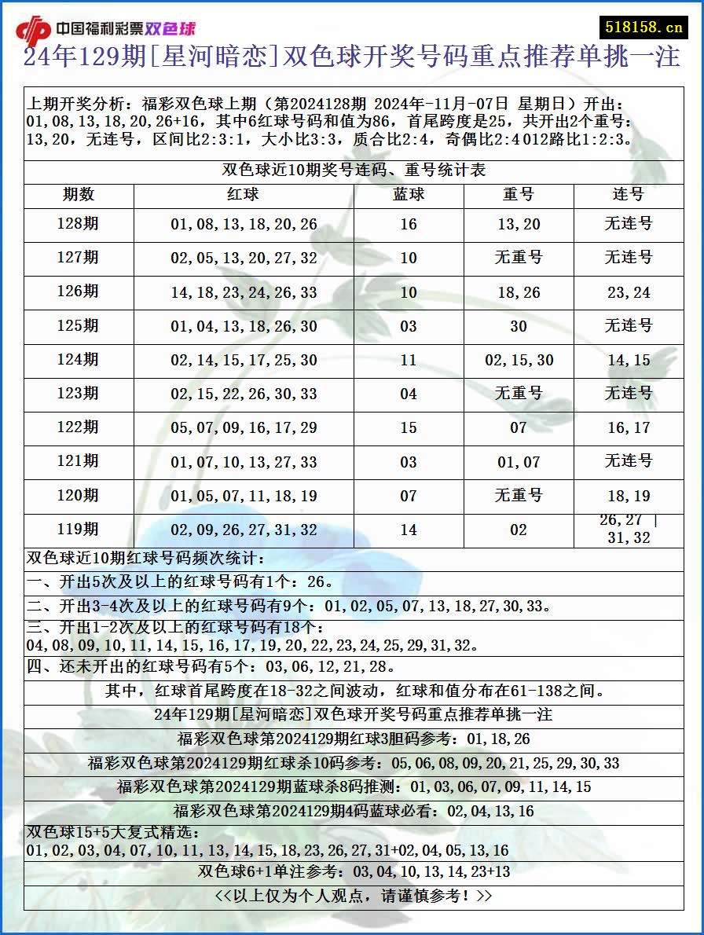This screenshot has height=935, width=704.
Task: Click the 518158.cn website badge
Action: pos(643,27)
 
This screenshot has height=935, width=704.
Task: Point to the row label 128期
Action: pos(79,224)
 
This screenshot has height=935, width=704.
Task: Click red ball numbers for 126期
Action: pos(244,292)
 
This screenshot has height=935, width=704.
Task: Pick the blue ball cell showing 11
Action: pos(409,360)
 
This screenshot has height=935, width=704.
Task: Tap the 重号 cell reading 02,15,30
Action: pos(519,360)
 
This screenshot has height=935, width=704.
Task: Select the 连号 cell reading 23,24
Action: pos(629,292)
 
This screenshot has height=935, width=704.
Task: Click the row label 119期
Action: pos(79,530)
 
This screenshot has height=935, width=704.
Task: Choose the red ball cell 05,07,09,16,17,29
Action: pos(244,427)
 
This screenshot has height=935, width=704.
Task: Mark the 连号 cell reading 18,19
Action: pos(629,496)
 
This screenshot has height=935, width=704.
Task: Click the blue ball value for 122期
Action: pos(409,427)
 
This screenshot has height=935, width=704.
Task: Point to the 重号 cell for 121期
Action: pos(519,462)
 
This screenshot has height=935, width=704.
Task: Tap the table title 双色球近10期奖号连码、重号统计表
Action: pos(354,170)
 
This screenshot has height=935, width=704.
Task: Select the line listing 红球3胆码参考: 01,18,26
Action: pos(354,739)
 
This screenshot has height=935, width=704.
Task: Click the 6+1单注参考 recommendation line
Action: pos(354,871)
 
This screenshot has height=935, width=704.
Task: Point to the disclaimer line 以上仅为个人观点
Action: pos(354,896)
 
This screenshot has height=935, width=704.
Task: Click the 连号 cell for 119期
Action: pos(629,530)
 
